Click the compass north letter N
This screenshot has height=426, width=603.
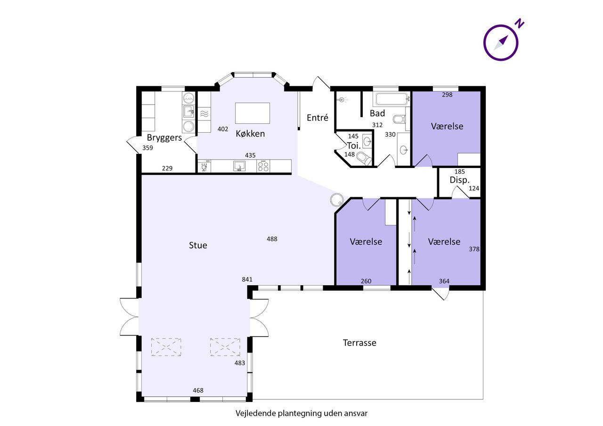coord(520,23)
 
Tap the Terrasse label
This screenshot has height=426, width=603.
coord(359,343)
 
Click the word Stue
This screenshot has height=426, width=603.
coord(198,245)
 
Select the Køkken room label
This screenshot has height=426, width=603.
coord(250,134)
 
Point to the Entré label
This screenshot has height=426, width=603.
coord(318,118)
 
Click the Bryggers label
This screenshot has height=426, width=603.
coord(164,138)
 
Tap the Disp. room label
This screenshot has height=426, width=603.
coord(459,180)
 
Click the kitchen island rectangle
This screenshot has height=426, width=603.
coord(253,113)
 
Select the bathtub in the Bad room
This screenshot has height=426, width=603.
coord(392,99)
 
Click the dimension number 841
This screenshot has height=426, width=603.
coord(247,280)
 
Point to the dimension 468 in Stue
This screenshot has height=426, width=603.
coord(198,391)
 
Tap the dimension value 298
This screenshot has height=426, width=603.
coord(447,95)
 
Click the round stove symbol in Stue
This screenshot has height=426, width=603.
coord(337,200)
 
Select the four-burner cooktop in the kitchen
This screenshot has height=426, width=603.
coord(263,166)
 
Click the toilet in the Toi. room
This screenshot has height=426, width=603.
coord(365,159)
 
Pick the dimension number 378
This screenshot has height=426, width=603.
coord(474,249)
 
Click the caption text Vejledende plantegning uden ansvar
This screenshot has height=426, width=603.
coord(301,413)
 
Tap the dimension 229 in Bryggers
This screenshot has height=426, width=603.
coord(167,169)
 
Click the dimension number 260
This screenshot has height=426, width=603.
coord(366,281)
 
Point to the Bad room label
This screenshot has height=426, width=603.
coord(377,113)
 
